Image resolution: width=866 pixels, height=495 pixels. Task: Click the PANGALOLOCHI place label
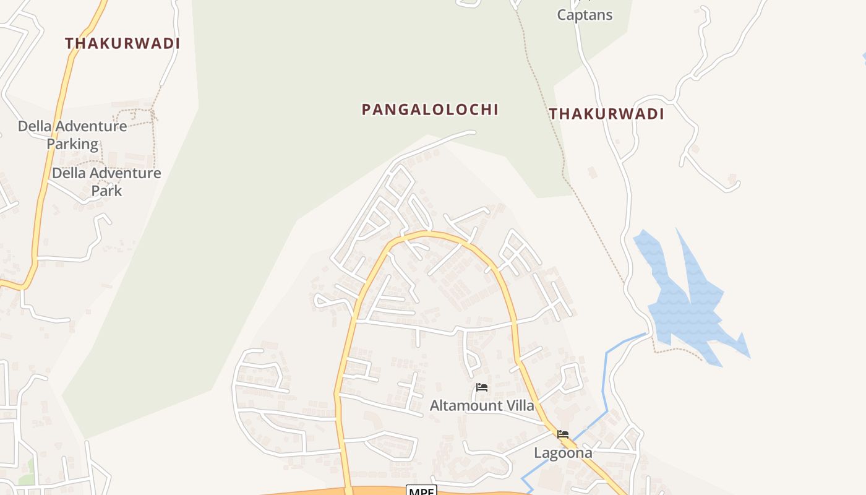(x=430, y=110)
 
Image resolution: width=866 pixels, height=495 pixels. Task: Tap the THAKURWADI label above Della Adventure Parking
(x=122, y=43)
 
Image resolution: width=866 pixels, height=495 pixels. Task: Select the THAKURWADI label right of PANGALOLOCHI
(x=606, y=114)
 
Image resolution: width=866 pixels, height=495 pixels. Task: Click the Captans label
(x=585, y=15)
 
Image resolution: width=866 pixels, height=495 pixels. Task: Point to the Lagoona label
(x=563, y=453)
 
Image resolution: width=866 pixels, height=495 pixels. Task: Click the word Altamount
(x=466, y=406)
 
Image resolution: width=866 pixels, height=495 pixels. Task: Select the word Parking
(x=73, y=144)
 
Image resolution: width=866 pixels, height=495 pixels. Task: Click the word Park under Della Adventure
(x=106, y=191)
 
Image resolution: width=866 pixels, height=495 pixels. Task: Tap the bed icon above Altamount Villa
(x=482, y=388)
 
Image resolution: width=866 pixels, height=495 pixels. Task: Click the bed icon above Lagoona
(x=563, y=434)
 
